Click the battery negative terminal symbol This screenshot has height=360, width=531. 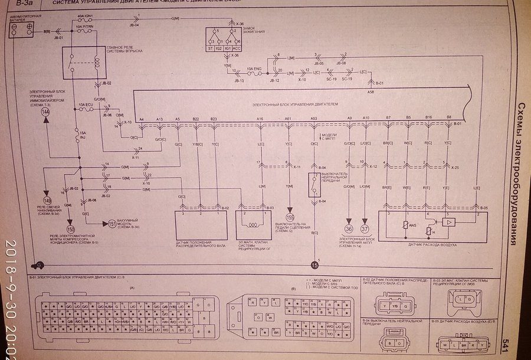pos(14,28)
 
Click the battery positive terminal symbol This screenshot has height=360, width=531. pos(28,28)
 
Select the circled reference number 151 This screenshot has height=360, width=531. pos(112,224)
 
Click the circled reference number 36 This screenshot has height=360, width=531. pos(349,229)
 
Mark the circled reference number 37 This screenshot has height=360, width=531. pos(365,229)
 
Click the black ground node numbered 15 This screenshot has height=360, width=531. pos(315,264)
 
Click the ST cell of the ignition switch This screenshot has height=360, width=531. pos(210,50)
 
